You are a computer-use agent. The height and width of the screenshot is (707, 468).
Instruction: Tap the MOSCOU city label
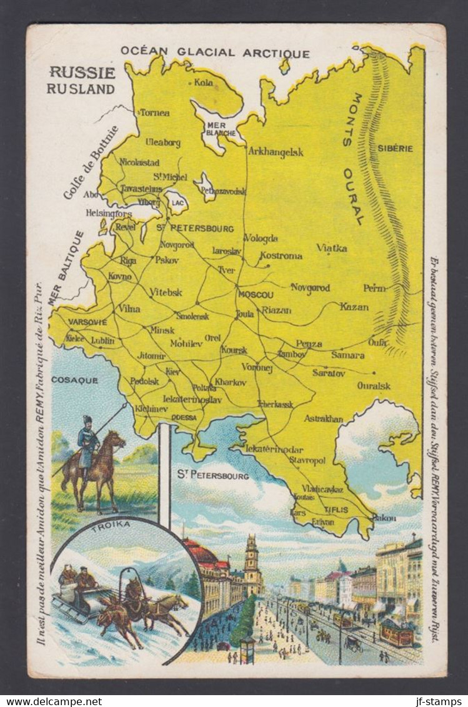pos(256,294)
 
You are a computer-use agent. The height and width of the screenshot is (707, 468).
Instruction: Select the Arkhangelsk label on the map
pos(276,151)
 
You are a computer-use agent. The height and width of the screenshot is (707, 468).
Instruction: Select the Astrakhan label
pos(323,418)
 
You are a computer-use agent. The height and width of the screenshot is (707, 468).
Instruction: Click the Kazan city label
pos(354,307)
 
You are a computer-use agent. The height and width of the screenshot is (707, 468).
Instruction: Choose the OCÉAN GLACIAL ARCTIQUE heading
pos(215,52)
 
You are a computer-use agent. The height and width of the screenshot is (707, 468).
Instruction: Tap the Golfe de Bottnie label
pos(91,162)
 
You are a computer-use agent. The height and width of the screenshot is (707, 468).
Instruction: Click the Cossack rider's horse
pos(100,465)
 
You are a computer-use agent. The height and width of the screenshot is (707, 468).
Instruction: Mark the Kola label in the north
pos(203,82)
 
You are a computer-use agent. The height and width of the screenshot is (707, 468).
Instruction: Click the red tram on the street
pos(397,633)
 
